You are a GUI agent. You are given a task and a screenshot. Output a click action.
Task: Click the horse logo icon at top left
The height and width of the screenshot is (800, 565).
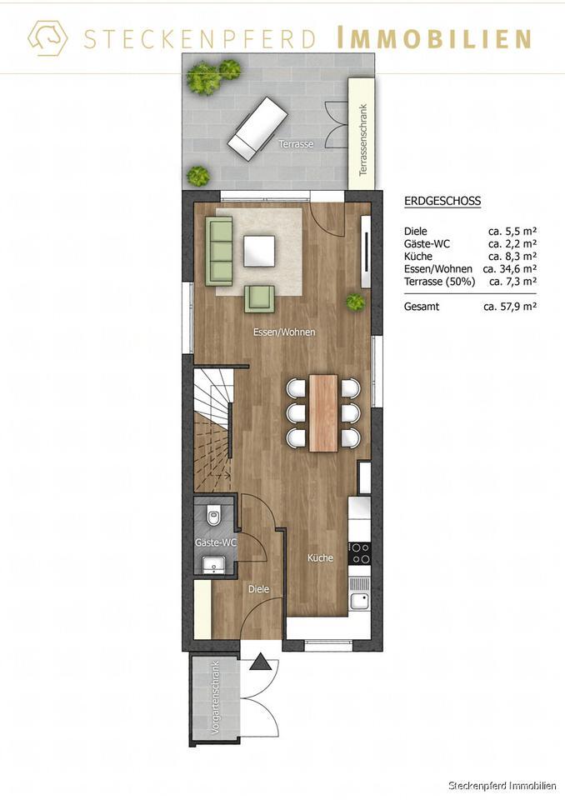(47, 38)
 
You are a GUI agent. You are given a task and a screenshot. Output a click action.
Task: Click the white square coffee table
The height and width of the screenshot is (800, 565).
(259, 251)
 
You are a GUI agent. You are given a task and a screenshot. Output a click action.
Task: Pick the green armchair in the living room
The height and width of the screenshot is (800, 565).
(259, 298)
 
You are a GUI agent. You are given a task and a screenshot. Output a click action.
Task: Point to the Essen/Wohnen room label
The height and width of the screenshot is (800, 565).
(284, 332)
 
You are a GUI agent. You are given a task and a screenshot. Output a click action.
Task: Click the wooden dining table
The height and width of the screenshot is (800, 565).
(323, 412)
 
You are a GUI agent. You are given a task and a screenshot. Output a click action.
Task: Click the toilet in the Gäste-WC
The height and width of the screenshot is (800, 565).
(213, 517)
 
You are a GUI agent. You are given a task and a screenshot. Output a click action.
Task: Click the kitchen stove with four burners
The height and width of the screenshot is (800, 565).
(359, 552)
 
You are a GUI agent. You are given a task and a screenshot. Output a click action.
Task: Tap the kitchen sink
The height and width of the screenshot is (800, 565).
(359, 599)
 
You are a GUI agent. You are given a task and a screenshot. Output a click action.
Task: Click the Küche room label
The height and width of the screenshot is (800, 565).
(320, 558)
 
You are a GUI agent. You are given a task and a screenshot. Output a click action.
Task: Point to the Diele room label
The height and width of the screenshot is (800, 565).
(258, 588)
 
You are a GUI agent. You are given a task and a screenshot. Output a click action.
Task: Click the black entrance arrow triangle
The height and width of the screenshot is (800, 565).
(261, 663)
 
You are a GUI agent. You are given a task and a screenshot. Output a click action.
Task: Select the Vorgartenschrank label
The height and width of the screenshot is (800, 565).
(215, 696)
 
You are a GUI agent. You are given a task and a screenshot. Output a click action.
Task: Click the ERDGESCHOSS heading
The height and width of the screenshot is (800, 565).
(442, 201)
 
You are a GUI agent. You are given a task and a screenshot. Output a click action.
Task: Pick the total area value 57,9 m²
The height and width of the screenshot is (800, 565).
(509, 307)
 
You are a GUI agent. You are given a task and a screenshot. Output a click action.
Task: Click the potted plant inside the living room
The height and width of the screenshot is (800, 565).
(356, 302)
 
